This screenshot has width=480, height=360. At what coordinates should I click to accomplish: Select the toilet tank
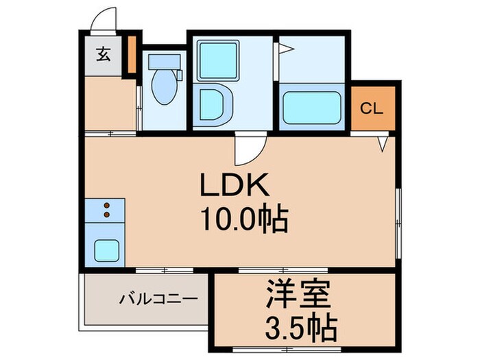(x=163, y=62)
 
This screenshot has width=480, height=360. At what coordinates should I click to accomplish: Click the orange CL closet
(x=372, y=108)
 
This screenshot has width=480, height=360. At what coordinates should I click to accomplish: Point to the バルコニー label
(x=158, y=299)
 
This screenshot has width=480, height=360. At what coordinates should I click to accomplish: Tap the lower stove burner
(x=106, y=215)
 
